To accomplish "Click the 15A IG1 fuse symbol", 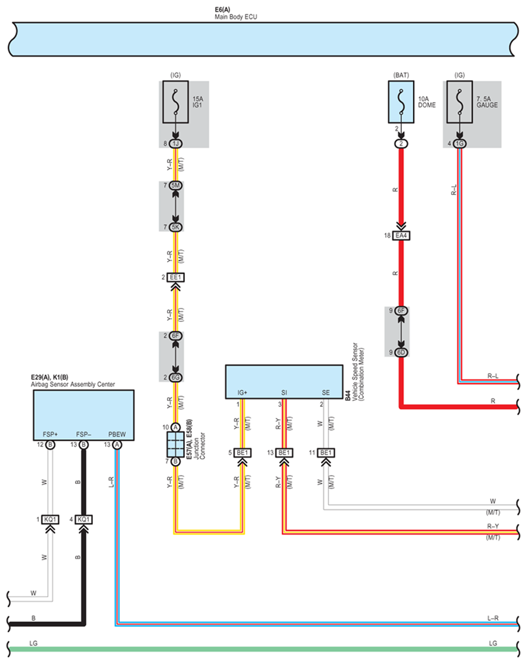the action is click(176, 102).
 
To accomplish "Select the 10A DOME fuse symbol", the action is click(401, 102).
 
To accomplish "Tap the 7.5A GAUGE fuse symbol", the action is click(460, 102).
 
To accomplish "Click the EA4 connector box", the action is click(401, 235).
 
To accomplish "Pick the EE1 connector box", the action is click(176, 277).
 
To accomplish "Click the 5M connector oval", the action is click(176, 185).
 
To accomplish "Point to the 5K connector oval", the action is click(176, 227).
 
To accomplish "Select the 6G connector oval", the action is click(176, 377).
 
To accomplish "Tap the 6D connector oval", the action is click(401, 352).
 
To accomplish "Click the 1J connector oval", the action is click(176, 144).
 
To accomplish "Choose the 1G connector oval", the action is click(460, 144).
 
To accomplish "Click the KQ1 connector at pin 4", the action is click(84, 519).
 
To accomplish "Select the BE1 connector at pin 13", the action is click(285, 453).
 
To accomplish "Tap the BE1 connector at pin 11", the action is click(326, 453).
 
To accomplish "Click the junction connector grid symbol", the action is click(176, 444).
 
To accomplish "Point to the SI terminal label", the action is click(284, 393).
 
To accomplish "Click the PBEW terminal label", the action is click(117, 434).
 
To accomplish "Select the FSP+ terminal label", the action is click(50, 434).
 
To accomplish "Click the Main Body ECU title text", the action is click(235, 17).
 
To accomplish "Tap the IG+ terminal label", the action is click(242, 393).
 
